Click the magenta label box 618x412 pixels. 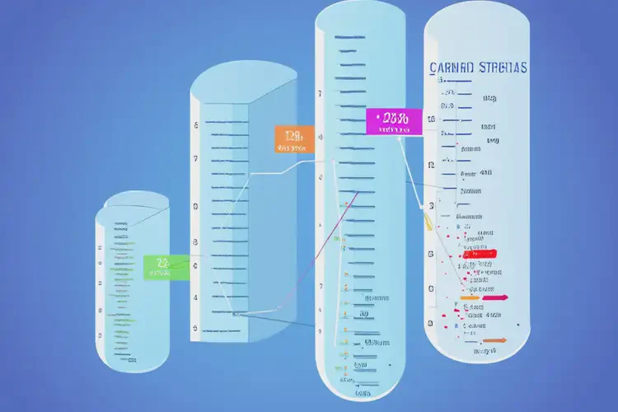click(394, 121)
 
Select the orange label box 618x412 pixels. click(293, 139)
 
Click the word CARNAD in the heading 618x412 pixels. click(452, 70)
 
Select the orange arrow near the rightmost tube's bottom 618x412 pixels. click(494, 339)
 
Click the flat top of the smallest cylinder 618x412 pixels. click(133, 202)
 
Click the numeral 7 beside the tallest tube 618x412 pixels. click(319, 94)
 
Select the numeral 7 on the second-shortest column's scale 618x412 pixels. click(195, 158)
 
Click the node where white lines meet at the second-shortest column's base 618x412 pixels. click(236, 313)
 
